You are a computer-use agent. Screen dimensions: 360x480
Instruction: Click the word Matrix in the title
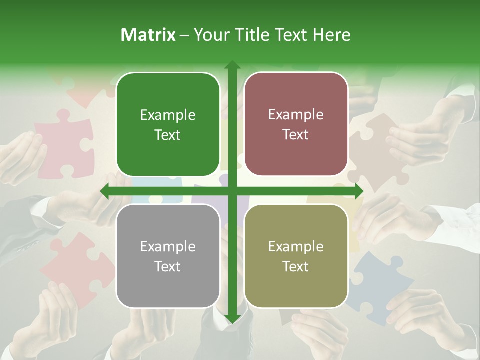pyautogui.click(x=148, y=35)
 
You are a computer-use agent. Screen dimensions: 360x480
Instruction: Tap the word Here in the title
pyautogui.click(x=331, y=35)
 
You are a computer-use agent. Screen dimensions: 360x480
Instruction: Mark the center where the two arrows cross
pyautogui.click(x=232, y=191)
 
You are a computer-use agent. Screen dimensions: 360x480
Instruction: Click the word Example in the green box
pyautogui.click(x=168, y=115)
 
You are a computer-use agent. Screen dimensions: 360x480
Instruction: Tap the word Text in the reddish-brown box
pyautogui.click(x=296, y=135)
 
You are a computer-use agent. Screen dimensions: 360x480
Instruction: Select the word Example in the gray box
pyautogui.click(x=168, y=247)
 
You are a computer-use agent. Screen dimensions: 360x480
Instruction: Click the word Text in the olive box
pyautogui.click(x=296, y=266)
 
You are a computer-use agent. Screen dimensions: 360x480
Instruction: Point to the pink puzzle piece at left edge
pyautogui.click(x=62, y=145)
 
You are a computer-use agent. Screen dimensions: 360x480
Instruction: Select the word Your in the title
pyautogui.click(x=210, y=35)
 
